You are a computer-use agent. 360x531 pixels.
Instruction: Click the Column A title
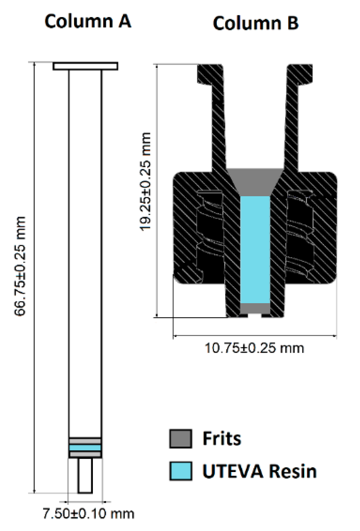88,21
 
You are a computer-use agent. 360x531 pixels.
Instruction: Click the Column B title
256,23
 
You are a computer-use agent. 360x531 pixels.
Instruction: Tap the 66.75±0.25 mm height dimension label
20,266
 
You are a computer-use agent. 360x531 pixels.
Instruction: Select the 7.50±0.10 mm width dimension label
88,514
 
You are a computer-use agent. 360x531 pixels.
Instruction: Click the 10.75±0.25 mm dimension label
254,348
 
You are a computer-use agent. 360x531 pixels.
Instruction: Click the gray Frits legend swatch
181,439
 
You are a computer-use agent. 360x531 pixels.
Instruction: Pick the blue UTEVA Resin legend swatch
181,471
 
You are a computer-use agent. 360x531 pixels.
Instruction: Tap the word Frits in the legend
222,438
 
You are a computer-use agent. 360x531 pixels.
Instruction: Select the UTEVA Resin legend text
259,471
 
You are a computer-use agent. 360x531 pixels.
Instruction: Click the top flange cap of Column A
85,66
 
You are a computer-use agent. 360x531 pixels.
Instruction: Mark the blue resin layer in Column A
85,448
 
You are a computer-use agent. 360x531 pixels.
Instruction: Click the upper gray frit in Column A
85,441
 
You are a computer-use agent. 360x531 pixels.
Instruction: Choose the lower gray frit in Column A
85,454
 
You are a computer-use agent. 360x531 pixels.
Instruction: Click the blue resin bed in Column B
255,249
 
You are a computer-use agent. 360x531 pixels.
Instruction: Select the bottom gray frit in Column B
255,308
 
